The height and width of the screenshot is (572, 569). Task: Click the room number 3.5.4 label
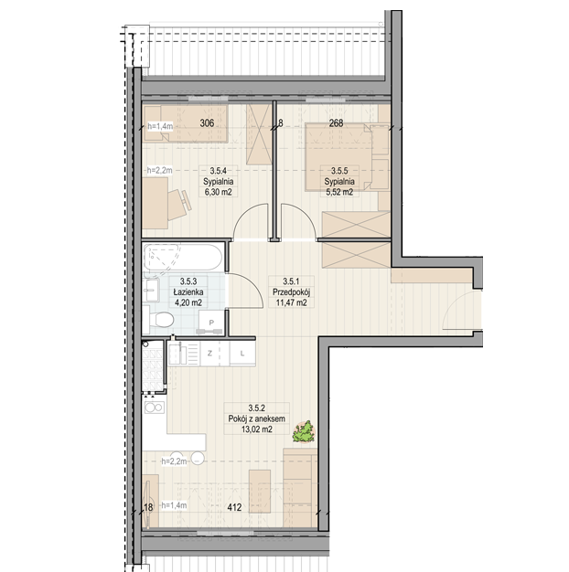coord(219,171)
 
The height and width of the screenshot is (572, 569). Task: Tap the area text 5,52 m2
coord(339,192)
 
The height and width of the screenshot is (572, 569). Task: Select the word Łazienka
coord(188,292)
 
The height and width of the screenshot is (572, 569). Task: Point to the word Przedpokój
coord(291,292)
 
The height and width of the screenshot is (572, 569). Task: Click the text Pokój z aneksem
coord(256,418)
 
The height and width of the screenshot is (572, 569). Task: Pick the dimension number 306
coord(207,123)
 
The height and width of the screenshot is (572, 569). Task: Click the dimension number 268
coord(336,123)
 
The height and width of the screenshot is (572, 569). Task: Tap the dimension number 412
coord(234,507)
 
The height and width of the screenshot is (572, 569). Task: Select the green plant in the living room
coord(304,432)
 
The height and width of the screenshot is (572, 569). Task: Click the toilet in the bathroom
coord(158,321)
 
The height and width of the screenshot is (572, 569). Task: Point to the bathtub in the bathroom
coord(182,258)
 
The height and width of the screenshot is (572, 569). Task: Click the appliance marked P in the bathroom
coord(210,323)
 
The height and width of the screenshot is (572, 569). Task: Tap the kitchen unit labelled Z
coord(209,353)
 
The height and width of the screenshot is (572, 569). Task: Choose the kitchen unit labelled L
coord(242,353)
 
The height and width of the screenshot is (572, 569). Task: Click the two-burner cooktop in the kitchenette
coord(155,408)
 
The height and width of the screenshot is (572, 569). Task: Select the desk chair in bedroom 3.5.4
coord(180,205)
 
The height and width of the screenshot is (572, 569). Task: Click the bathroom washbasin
coord(151,291)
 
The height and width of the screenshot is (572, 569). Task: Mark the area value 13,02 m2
coord(256,429)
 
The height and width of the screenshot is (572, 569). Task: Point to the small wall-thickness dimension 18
coord(148,507)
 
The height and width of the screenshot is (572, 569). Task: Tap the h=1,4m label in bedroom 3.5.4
coord(160,127)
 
